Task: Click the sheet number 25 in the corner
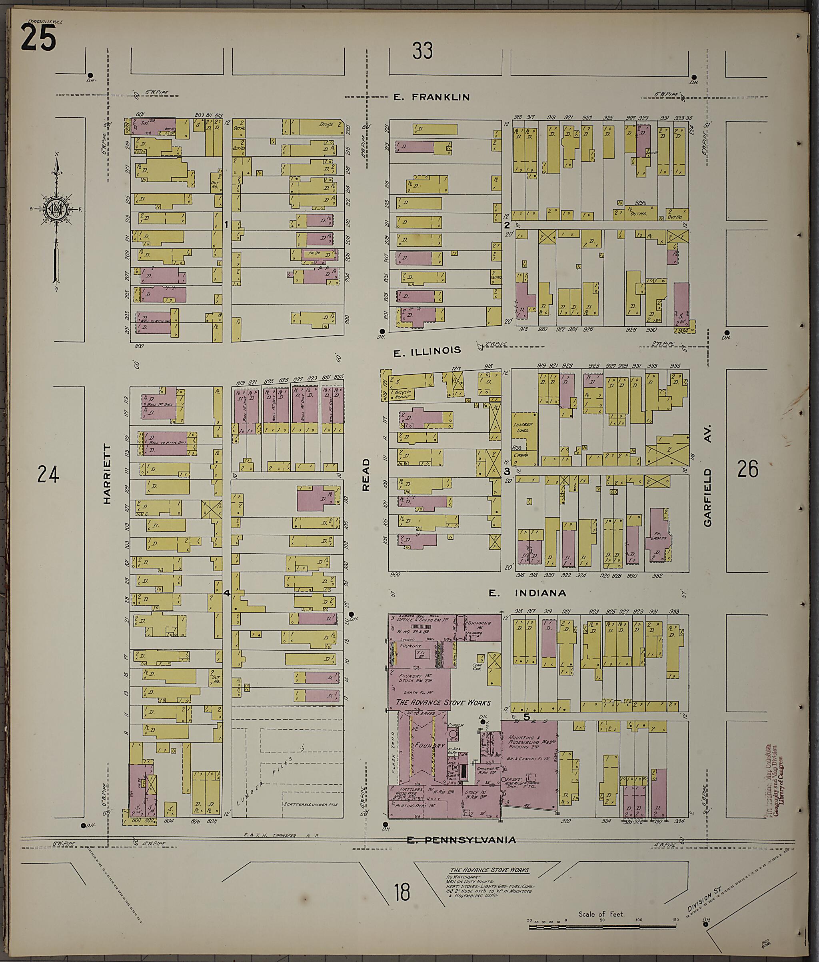[x=38, y=38]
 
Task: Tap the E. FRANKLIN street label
[x=431, y=97]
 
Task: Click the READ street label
[x=366, y=474]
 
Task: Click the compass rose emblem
[x=56, y=209]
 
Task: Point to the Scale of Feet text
[x=601, y=914]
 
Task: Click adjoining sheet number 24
[x=48, y=474]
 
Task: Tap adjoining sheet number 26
[x=747, y=469]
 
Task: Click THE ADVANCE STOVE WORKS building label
[x=443, y=702]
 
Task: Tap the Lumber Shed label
[x=523, y=427]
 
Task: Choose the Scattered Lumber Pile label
[x=310, y=804]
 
